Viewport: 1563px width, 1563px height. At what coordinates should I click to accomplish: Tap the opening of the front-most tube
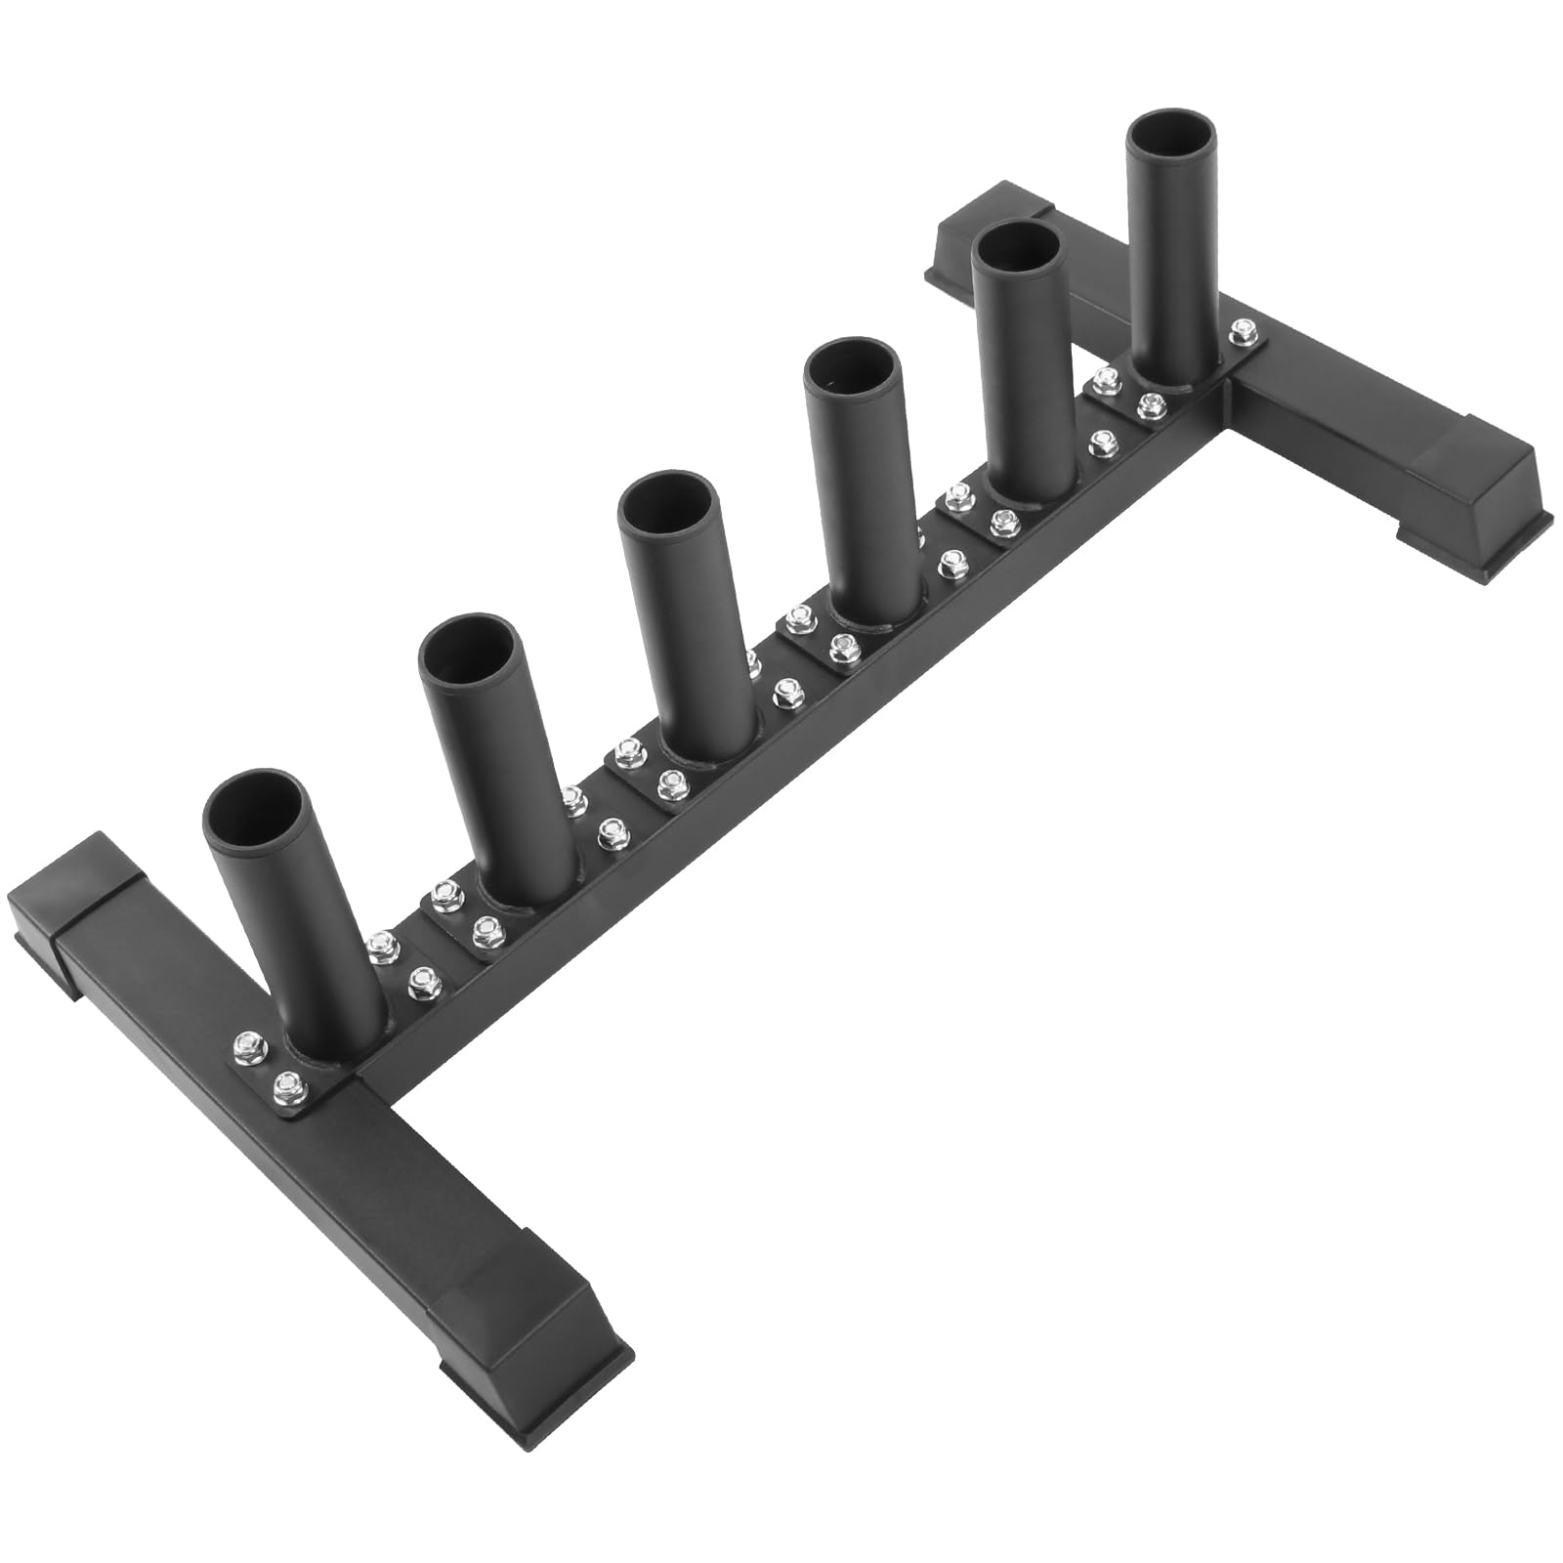coord(256,789)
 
